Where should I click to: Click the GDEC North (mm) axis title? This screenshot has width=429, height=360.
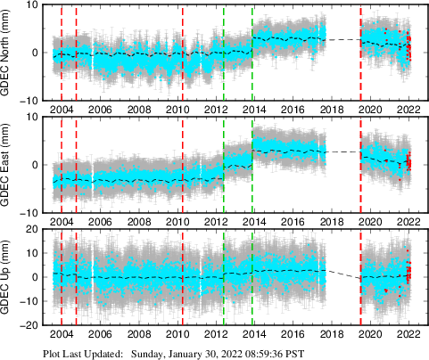[x=9, y=52]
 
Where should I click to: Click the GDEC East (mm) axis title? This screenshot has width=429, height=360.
[x=9, y=165]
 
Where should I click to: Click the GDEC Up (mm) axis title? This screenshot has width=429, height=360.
[x=9, y=277]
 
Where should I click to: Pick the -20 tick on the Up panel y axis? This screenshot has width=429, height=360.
[x=27, y=325]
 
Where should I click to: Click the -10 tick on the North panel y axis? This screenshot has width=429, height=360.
[x=27, y=100]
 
